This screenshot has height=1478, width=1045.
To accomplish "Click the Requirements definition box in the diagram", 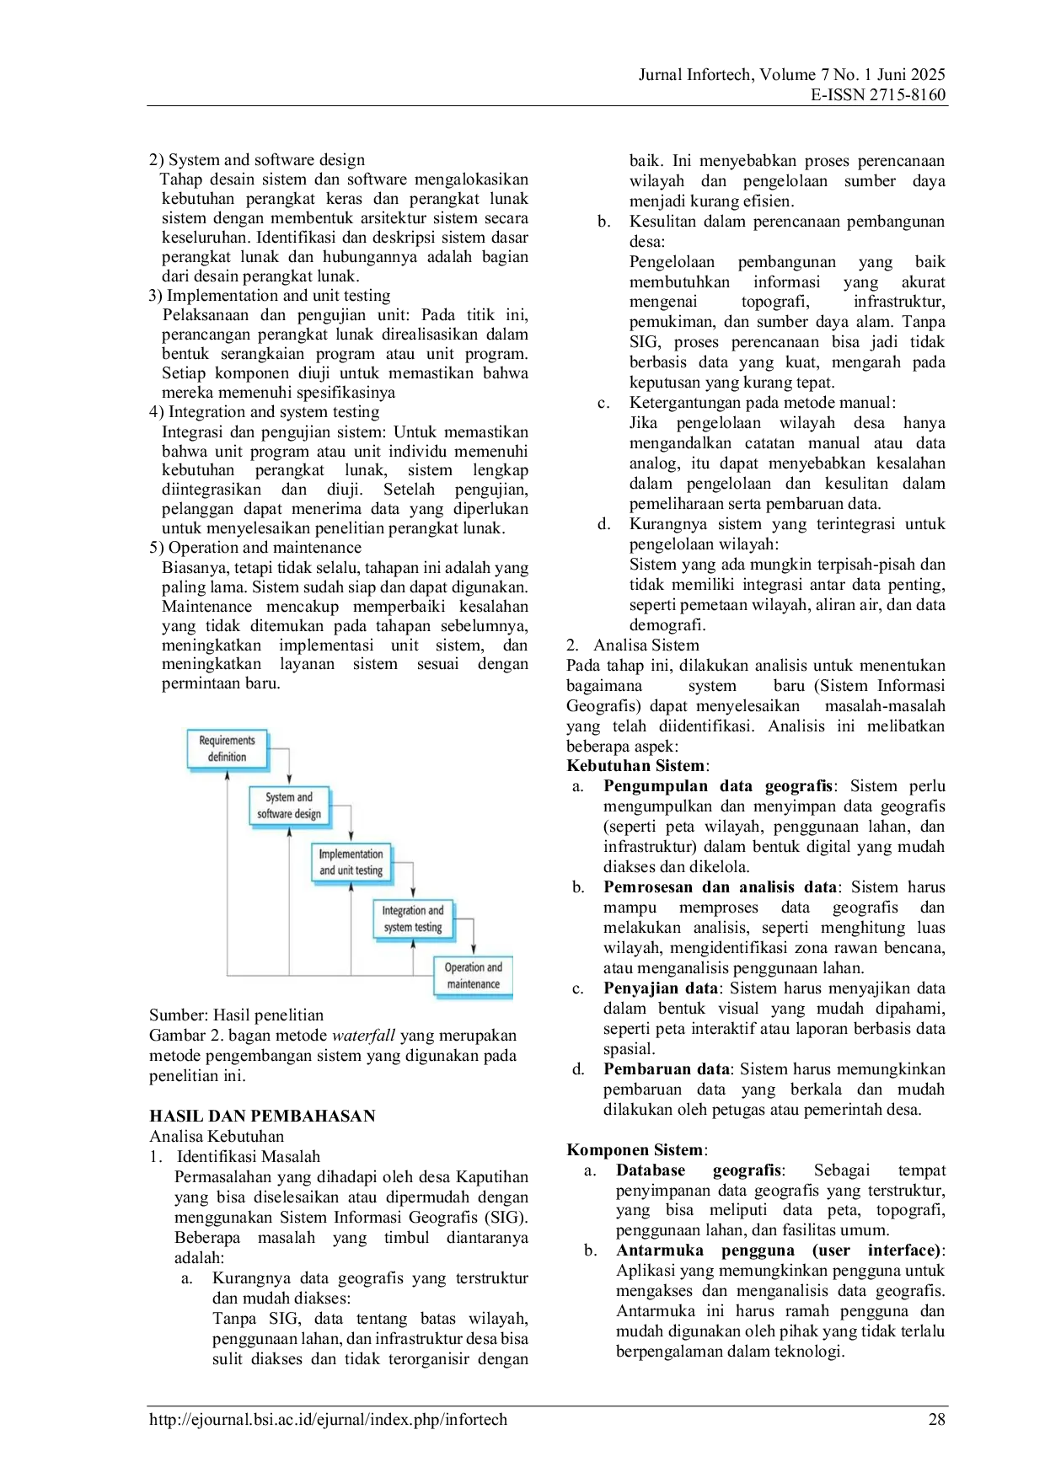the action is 228,749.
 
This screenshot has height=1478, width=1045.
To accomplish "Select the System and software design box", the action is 289,806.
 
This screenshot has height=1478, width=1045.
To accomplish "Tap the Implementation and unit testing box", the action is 351,862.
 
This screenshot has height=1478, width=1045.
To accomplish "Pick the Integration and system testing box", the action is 413,918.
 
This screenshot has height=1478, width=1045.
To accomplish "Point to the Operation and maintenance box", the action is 474,976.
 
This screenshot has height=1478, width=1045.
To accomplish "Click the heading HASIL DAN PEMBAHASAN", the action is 262,1117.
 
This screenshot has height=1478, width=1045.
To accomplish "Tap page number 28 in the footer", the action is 937,1420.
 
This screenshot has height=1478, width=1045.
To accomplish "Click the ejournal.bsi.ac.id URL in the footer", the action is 329,1420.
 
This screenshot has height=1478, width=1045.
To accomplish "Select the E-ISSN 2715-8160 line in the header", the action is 878,95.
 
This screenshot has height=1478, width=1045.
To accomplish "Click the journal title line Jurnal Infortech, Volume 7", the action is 792,75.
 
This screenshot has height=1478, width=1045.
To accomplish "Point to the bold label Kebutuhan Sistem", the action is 635,766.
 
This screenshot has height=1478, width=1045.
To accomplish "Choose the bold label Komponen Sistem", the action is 635,1150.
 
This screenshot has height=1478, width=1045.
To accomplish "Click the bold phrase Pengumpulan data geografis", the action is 718,786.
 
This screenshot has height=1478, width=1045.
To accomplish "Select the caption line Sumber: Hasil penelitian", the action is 236,1015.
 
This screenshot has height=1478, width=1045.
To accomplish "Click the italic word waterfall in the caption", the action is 364,1036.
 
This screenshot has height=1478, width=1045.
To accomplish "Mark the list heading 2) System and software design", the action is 257,160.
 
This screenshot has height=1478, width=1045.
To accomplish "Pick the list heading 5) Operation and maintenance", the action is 255,548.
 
